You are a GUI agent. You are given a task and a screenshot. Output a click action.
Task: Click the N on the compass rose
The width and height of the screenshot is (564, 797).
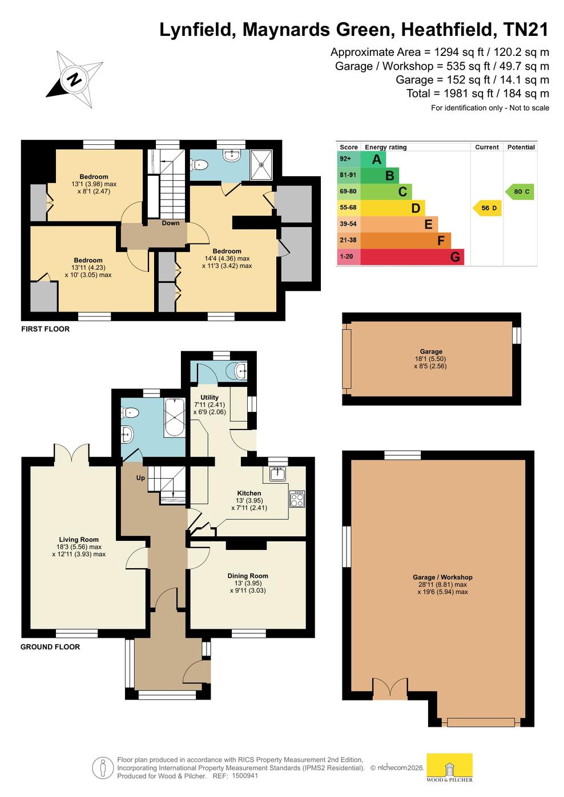click(x=74, y=80)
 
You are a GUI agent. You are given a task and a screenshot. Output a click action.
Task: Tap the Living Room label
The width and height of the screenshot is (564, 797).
click(x=79, y=539)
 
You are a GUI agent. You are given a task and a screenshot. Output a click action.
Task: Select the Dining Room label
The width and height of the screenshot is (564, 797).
click(x=248, y=576)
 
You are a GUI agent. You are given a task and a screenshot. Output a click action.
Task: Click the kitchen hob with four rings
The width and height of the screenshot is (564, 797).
click(x=297, y=499)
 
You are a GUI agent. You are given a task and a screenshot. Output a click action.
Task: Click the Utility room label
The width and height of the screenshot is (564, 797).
click(x=210, y=398)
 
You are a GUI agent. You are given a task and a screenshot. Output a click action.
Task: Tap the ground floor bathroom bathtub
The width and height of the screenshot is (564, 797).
click(x=174, y=418)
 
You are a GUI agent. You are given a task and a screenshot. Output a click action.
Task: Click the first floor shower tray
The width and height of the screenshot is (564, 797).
click(x=261, y=165)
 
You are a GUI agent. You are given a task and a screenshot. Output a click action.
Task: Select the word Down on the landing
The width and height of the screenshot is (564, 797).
click(x=171, y=223)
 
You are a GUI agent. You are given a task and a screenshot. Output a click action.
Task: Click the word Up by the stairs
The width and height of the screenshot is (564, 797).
click(x=140, y=478)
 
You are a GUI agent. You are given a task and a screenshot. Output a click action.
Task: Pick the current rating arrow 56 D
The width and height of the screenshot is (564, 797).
click(x=487, y=208)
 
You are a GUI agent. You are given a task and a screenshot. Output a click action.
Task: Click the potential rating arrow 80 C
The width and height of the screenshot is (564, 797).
click(x=519, y=192)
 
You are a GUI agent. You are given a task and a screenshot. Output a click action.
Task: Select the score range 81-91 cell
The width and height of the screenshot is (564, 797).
click(x=348, y=175)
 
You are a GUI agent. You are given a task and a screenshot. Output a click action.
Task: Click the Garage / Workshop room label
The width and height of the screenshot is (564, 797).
click(x=442, y=577)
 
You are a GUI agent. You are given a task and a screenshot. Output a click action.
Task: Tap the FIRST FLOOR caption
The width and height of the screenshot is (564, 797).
click(x=45, y=329)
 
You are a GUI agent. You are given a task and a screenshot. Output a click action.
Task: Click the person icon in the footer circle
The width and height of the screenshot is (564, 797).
click(x=103, y=768)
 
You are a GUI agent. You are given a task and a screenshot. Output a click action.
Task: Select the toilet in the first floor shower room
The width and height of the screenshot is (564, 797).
click(x=199, y=164)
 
